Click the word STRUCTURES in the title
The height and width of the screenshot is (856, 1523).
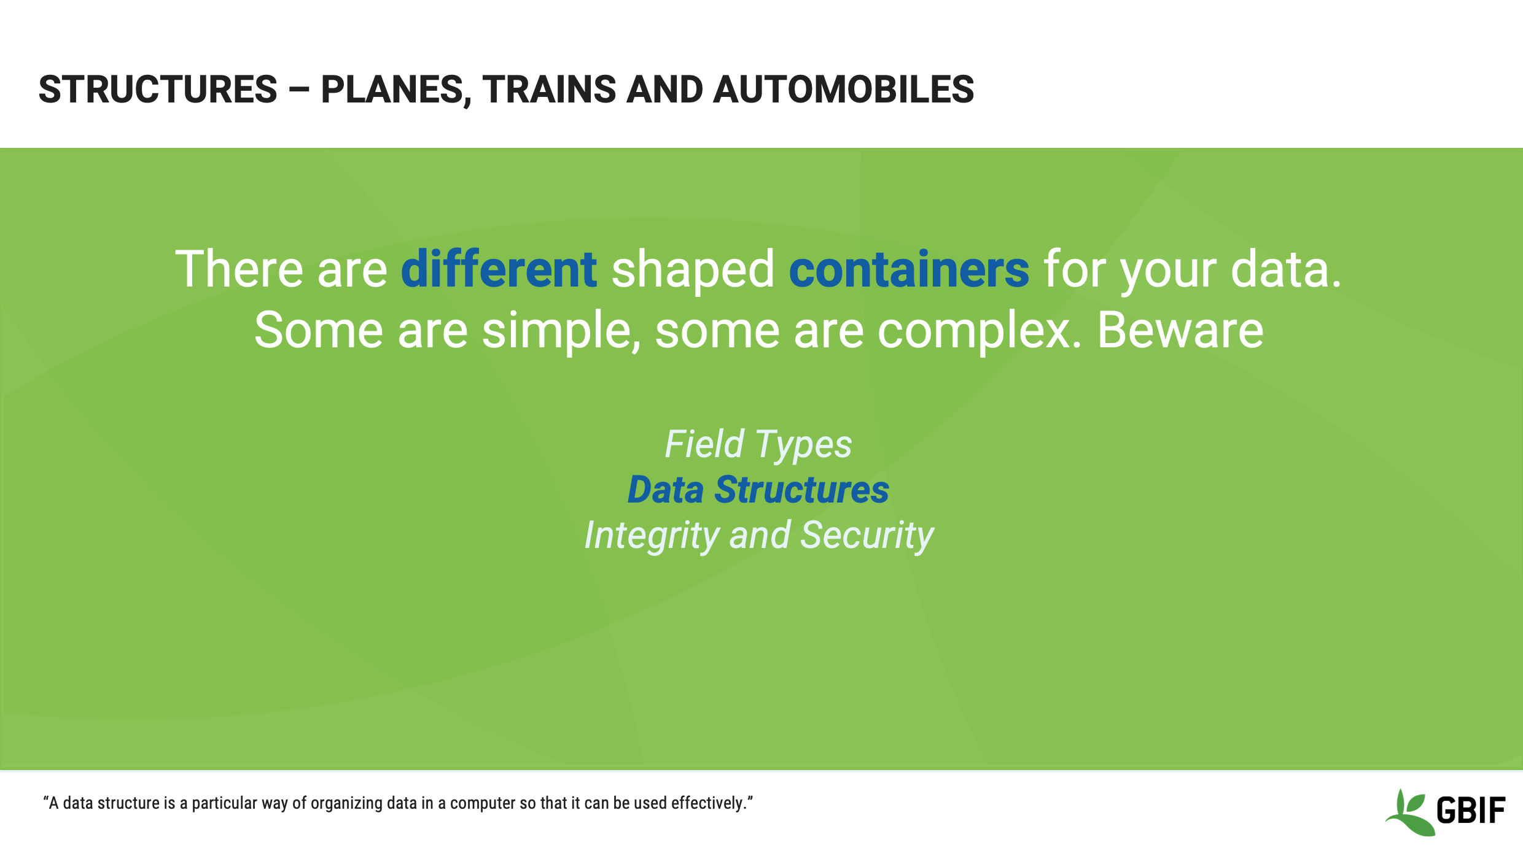tap(158, 90)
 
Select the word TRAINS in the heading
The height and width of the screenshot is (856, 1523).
tap(549, 90)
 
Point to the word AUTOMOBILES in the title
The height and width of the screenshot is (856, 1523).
tap(843, 90)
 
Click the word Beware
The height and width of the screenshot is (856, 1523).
tap(1180, 330)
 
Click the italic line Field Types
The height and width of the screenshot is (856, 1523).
tap(758, 444)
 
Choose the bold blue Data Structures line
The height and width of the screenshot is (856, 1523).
tap(758, 490)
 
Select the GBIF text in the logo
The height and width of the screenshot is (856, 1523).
tap(1471, 811)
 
